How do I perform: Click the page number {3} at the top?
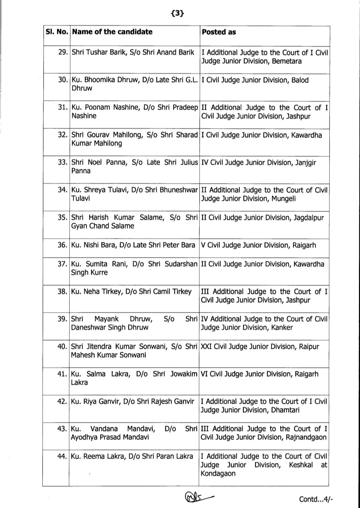point(177,13)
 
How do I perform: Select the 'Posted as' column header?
point(219,32)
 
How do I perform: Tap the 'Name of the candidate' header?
point(112,32)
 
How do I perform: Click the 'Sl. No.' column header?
point(57,32)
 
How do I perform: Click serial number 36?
point(62,245)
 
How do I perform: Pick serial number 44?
point(62,456)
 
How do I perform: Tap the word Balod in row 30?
point(300,80)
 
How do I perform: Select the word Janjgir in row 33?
point(306,163)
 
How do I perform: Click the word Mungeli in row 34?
point(283,199)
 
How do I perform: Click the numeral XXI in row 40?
point(206,346)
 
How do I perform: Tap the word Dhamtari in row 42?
point(285,410)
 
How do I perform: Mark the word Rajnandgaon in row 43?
point(306,437)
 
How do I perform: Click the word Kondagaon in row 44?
point(218,473)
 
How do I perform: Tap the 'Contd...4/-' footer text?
point(316,499)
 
